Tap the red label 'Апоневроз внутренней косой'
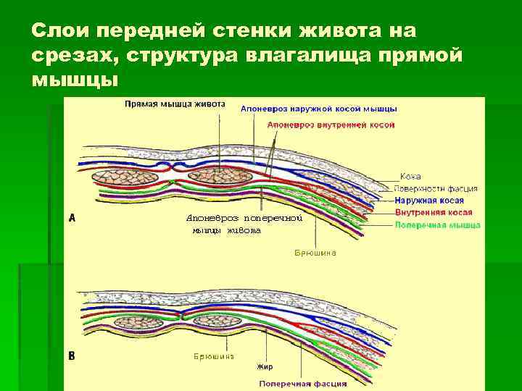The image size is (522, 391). [x=331, y=125]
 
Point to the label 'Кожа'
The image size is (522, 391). [x=410, y=177]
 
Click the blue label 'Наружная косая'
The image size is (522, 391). [x=430, y=201]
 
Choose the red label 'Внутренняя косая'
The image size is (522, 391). [x=434, y=213]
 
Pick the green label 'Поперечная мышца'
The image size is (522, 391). [x=437, y=225]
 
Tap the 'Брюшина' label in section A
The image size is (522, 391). [x=315, y=253]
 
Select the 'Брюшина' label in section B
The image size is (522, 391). [x=213, y=356]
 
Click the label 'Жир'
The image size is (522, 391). [x=265, y=367]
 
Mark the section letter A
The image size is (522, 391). [x=72, y=216]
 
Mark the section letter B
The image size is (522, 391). [x=72, y=356]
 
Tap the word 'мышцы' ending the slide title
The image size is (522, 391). [x=73, y=79]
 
